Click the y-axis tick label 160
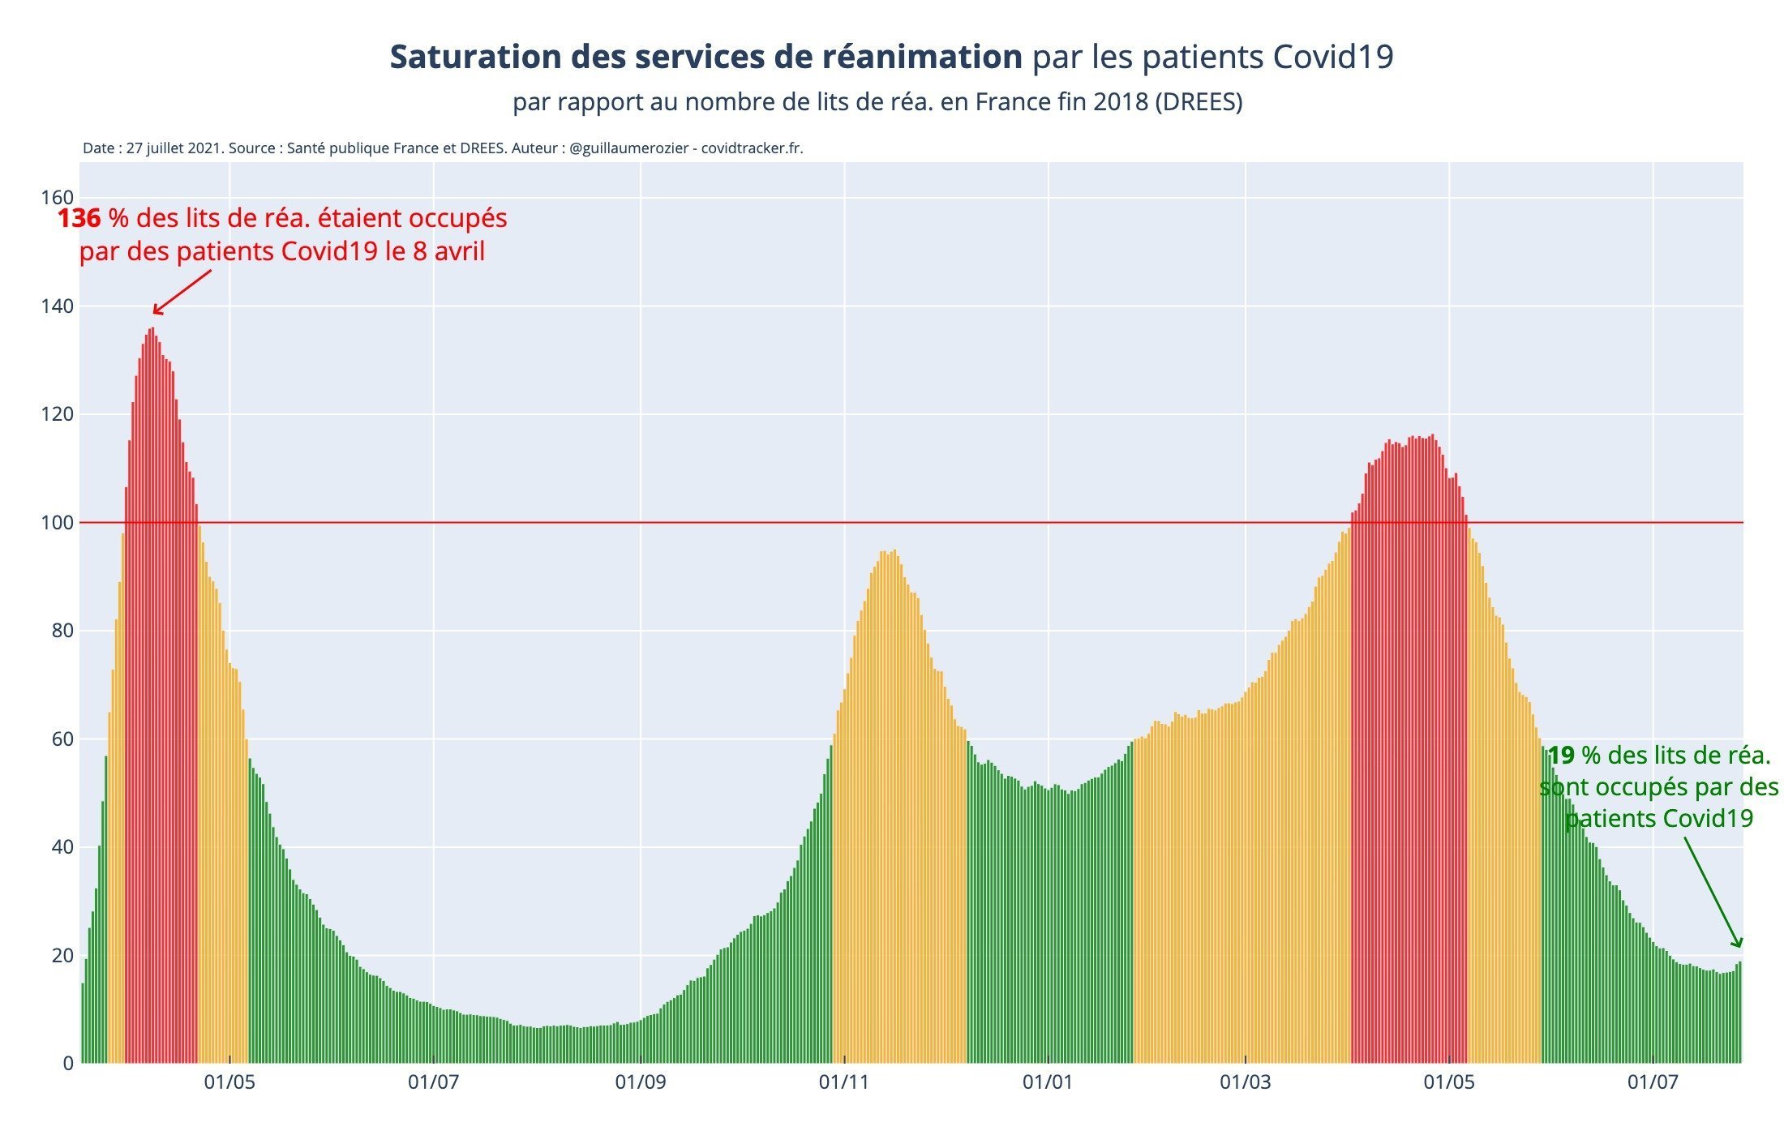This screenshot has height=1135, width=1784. (x=57, y=198)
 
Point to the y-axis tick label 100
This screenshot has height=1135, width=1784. (x=57, y=523)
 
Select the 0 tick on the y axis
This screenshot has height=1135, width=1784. (x=67, y=1064)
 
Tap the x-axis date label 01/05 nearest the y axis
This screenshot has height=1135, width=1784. (x=229, y=1082)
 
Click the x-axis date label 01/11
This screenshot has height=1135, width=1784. (x=844, y=1082)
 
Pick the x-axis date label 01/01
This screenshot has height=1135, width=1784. (x=1048, y=1082)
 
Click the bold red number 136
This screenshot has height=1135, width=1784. (x=79, y=219)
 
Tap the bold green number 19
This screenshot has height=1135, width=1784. (x=1561, y=756)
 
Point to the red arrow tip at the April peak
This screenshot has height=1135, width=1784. (x=155, y=313)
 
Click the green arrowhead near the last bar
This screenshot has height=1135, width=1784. (x=1738, y=944)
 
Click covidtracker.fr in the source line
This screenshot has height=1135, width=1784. (x=752, y=148)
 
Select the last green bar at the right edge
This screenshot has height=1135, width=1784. (x=1739, y=1013)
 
